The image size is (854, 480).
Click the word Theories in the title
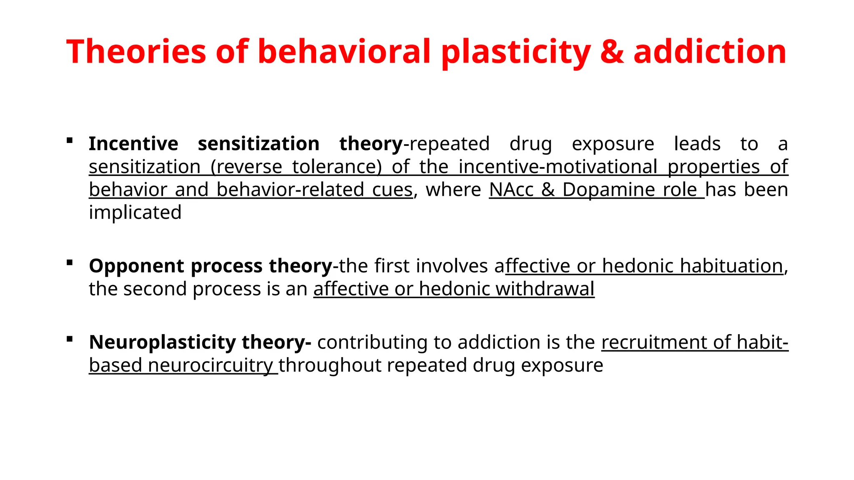tap(136, 52)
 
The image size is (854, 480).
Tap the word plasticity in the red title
tap(516, 52)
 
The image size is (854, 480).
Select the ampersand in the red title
tap(612, 52)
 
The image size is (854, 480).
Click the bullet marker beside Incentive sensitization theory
tap(70, 141)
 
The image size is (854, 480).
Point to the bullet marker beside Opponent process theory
tap(70, 263)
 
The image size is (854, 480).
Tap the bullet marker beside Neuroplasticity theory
tap(70, 339)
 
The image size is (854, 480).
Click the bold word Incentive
tap(133, 144)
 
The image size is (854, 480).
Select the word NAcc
tap(511, 190)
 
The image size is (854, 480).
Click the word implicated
tap(135, 212)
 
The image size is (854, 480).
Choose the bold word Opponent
tap(136, 266)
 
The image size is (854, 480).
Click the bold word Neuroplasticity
tap(162, 342)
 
